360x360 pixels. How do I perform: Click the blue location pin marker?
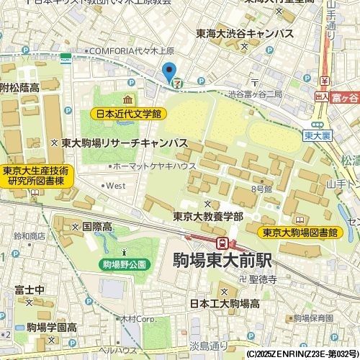click(169, 72)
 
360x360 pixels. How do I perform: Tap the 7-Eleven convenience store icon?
click(176, 82)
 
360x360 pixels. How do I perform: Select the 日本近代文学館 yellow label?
click(129, 114)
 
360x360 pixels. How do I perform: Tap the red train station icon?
click(224, 243)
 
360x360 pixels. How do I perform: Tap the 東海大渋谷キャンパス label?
click(245, 34)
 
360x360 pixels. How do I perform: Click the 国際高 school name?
click(96, 226)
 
